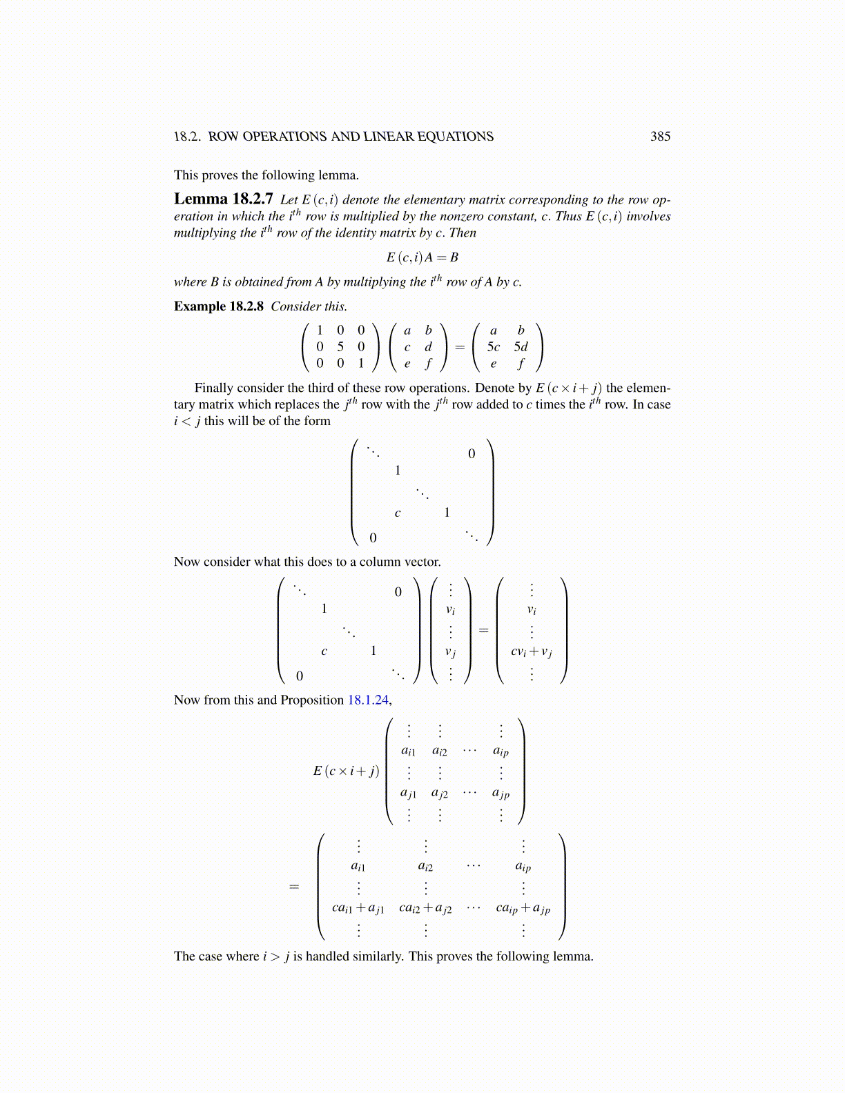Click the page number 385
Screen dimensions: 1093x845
660,137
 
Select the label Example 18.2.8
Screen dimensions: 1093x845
218,306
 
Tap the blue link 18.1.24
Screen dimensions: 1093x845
368,700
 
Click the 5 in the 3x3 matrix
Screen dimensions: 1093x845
340,346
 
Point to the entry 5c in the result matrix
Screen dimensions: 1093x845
493,346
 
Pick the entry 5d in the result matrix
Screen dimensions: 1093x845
521,346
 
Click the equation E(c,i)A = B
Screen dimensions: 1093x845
422,257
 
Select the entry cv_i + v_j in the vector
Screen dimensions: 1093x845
531,651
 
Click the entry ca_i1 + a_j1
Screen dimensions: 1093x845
358,908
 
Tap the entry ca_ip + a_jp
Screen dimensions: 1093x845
523,908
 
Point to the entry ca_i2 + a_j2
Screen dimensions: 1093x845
425,908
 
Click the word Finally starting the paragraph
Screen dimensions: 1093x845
215,388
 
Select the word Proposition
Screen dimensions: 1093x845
311,700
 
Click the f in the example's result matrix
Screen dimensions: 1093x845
521,363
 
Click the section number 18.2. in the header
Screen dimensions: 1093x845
187,137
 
